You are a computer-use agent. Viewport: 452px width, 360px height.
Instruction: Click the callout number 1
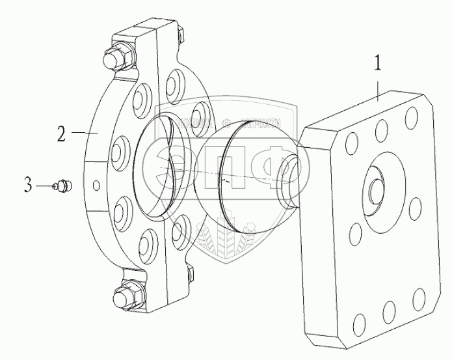pos(377,65)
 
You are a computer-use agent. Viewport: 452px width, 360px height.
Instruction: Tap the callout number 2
pos(61,135)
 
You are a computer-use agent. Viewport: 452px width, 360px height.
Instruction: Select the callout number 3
pos(28,186)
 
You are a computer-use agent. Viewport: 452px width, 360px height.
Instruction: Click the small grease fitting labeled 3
pos(63,186)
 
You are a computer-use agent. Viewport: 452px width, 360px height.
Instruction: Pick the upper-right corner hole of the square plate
pos(411,117)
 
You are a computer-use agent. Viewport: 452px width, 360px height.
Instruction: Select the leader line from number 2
pos(83,133)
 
